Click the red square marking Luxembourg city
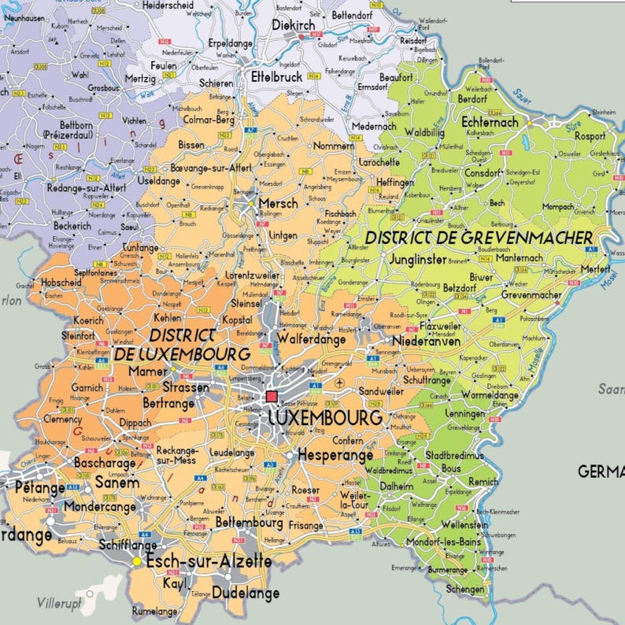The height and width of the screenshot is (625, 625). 272,397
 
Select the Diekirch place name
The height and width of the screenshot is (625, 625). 294,24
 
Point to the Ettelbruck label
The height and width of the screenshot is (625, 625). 276,76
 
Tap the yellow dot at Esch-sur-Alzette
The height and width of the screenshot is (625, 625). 137,561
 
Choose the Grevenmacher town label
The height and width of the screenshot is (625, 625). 531,294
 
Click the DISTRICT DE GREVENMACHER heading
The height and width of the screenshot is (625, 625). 479,237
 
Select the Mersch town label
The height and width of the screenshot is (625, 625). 279,203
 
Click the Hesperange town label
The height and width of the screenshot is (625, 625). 335,455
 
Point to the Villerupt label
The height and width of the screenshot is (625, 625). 60,603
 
